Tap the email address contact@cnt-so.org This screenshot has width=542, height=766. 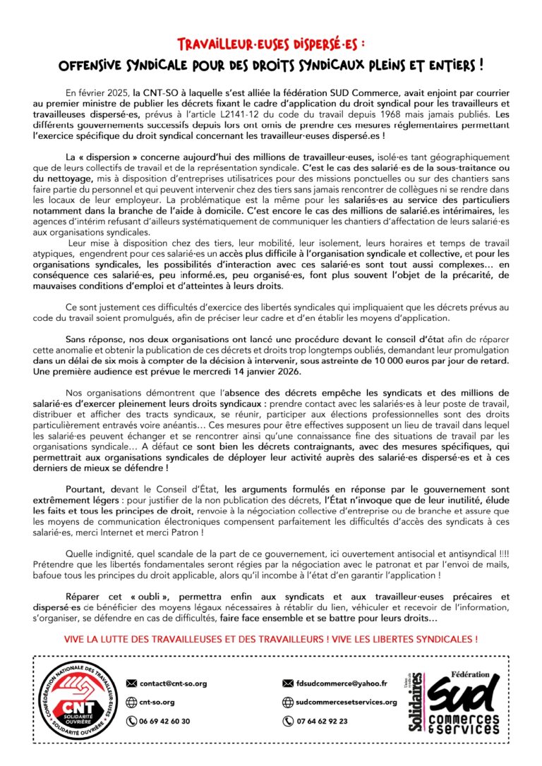[173, 683]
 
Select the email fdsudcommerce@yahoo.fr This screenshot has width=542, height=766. [342, 683]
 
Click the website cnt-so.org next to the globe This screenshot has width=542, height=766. [157, 703]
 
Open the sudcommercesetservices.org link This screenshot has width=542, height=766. [346, 703]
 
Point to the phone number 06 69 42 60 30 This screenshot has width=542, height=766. [164, 722]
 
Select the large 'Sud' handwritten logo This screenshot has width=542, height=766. [462, 695]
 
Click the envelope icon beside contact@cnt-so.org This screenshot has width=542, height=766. [131, 683]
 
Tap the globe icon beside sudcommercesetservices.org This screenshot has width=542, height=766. [287, 703]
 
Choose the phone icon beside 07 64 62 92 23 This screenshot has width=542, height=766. [287, 722]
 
